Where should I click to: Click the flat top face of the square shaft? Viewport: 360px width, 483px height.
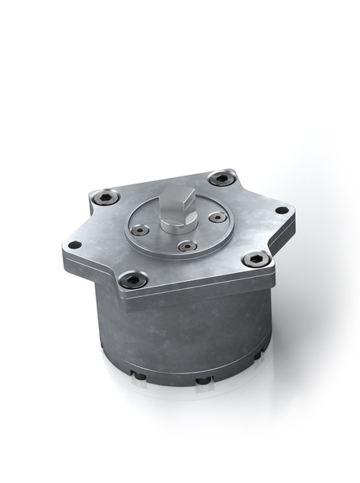click(180, 196)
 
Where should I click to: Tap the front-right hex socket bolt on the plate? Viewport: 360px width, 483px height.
click(255, 258)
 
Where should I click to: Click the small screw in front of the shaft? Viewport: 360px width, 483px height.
click(185, 246)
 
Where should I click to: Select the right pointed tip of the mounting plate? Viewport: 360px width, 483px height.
click(291, 212)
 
